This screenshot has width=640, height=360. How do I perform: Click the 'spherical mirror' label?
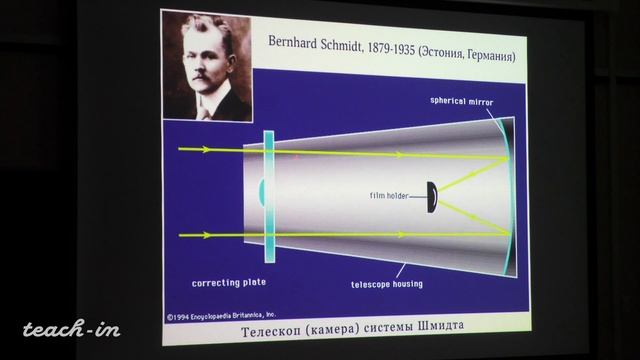pyautogui.click(x=461, y=101)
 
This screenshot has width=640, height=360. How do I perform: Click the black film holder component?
pyautogui.click(x=433, y=196)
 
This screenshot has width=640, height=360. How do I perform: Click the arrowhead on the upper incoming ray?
pyautogui.click(x=206, y=150)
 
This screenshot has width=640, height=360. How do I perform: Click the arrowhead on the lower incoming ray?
pyautogui.click(x=206, y=236)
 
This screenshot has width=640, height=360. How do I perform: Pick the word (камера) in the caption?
pyautogui.click(x=318, y=329)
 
